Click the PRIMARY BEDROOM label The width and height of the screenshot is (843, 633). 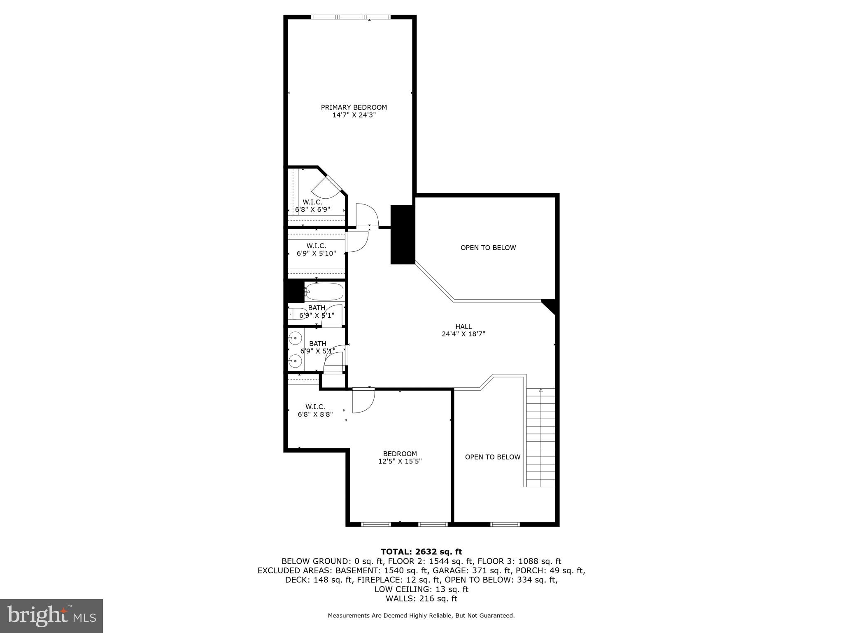354,108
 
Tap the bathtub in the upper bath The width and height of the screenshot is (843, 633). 324,292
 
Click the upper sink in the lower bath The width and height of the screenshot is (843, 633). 295,338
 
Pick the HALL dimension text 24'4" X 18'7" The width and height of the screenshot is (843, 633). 463,334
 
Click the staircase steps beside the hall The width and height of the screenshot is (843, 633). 540,438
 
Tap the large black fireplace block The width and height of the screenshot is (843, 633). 402,234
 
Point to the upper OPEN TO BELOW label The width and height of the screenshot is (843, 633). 488,248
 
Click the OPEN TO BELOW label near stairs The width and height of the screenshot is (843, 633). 492,457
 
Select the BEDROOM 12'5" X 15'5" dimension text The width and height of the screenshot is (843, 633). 400,462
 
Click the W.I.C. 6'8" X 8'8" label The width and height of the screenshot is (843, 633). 315,410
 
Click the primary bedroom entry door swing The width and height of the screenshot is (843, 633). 366,216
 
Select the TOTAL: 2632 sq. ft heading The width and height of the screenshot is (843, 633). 421,552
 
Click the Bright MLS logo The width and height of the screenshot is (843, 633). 51,616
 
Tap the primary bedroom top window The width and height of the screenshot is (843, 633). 350,17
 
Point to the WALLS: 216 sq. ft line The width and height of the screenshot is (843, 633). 421,599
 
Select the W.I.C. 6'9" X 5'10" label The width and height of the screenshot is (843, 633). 316,250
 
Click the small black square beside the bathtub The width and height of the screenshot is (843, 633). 295,291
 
